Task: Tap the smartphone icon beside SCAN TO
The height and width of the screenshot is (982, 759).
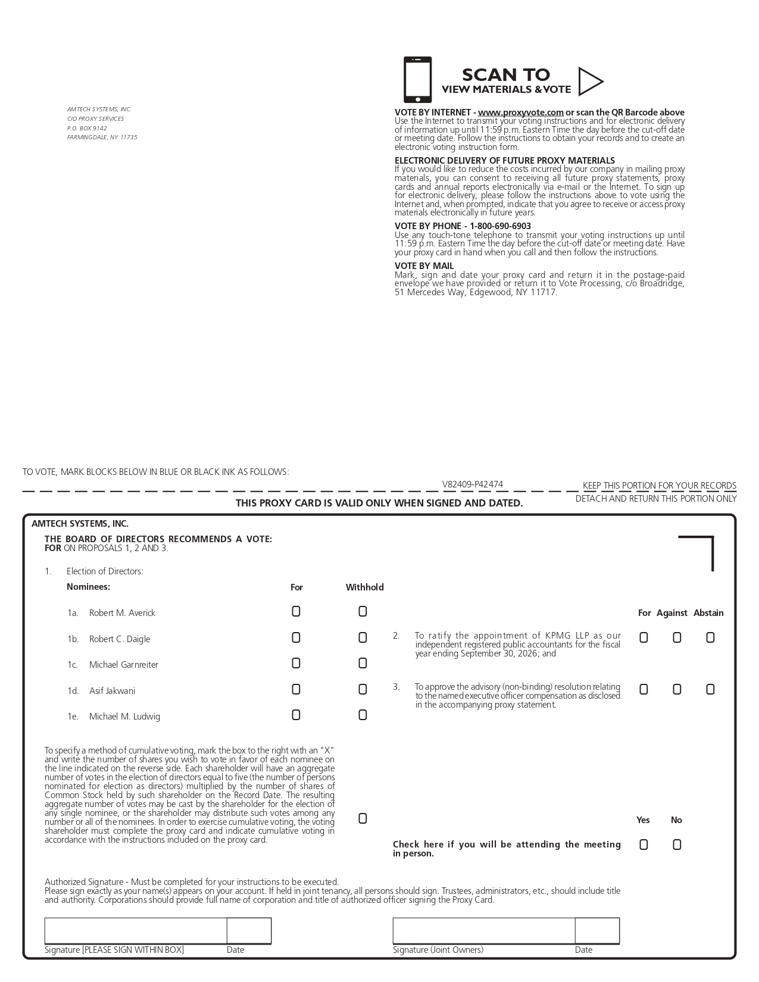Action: (417, 80)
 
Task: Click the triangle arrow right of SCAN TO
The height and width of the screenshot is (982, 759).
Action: (589, 82)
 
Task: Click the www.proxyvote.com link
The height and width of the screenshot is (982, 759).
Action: (520, 112)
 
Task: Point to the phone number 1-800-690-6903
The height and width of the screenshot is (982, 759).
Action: (500, 226)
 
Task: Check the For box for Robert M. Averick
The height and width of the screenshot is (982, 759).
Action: (296, 612)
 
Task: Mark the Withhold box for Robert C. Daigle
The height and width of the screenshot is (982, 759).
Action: (363, 638)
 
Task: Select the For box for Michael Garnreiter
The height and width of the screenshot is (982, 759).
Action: (296, 664)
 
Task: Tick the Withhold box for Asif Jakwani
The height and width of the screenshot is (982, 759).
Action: (363, 690)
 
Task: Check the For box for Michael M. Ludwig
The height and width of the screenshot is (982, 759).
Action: (296, 715)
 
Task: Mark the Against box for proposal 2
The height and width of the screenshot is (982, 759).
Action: (677, 638)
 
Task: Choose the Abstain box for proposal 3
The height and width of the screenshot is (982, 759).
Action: (710, 690)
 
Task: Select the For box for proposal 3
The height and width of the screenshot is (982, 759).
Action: (644, 690)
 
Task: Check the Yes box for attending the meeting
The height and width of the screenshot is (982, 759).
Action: (644, 845)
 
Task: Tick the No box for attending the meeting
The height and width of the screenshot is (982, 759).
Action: (677, 845)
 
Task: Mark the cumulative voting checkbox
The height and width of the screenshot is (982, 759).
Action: (363, 819)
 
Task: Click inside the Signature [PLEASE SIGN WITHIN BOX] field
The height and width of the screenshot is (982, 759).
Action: (136, 931)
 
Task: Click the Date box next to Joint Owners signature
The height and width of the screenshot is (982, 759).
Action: (597, 931)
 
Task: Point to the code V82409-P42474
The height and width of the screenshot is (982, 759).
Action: (472, 484)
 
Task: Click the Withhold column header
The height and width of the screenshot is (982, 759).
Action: (364, 587)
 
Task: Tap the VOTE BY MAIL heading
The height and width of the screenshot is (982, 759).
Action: (424, 266)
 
